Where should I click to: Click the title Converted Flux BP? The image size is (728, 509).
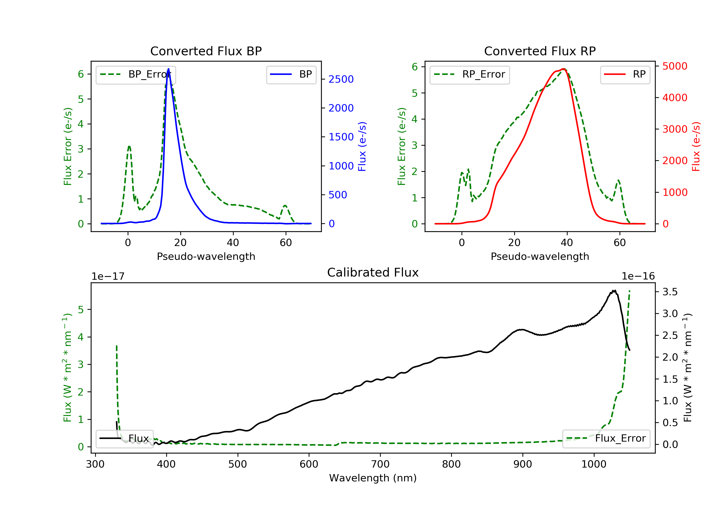coord(206,51)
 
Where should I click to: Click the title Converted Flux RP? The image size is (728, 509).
coord(540,51)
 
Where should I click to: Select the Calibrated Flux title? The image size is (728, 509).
coord(373,272)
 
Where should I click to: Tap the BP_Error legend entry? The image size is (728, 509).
coord(136,74)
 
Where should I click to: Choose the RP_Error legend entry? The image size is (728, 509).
coord(470,74)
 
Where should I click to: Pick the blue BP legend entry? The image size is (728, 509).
coord(291,74)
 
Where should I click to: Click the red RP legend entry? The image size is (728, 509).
coord(625,74)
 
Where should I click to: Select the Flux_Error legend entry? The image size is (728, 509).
coord(606,438)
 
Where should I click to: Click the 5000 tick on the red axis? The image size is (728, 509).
coord(675,66)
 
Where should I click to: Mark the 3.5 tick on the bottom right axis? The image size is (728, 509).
coord(670,292)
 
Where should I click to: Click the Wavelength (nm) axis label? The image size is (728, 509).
coord(373,478)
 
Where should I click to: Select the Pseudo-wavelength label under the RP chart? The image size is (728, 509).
coord(540,256)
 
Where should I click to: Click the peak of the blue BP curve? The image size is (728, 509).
coord(168,69)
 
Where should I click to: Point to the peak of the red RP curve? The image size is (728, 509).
coord(563,69)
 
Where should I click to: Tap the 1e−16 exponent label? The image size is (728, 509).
coord(638,276)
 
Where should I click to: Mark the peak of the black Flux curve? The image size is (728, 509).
coord(614,290)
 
